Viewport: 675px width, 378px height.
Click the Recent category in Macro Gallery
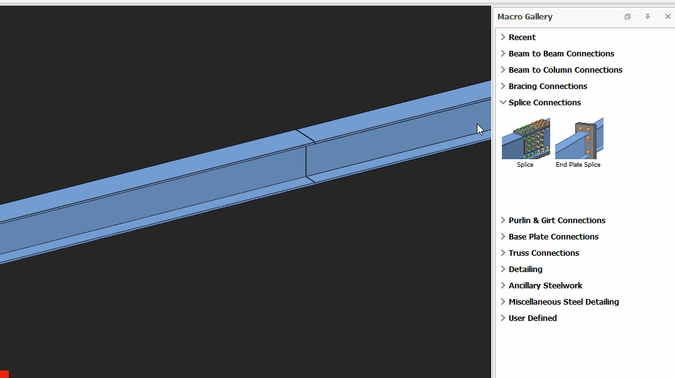[x=522, y=38]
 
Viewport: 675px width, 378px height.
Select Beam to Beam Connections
[x=561, y=54]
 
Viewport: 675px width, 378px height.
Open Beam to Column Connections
[x=565, y=70]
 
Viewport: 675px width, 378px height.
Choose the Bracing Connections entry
[x=548, y=87]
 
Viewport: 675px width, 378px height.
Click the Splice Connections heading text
[x=545, y=103]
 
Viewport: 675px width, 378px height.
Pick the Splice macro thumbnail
[x=526, y=139]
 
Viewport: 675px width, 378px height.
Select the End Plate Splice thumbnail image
[x=579, y=139]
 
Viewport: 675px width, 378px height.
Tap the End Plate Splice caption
[x=578, y=165]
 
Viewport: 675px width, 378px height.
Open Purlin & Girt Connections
[x=556, y=221]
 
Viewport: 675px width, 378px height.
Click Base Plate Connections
[x=553, y=237]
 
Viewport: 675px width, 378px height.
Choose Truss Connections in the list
[x=544, y=253]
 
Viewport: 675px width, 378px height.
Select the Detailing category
[x=525, y=270]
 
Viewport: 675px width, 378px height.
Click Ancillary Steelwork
[x=545, y=286]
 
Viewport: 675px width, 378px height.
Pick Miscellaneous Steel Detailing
[x=563, y=302]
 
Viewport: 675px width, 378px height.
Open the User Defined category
[x=533, y=318]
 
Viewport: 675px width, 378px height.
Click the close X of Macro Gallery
[x=667, y=16]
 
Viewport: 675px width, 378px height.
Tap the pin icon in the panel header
[x=647, y=16]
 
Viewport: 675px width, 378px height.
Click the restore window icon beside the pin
[x=627, y=16]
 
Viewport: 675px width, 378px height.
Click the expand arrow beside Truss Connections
[x=503, y=253]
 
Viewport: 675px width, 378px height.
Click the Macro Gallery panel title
[x=525, y=17]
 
